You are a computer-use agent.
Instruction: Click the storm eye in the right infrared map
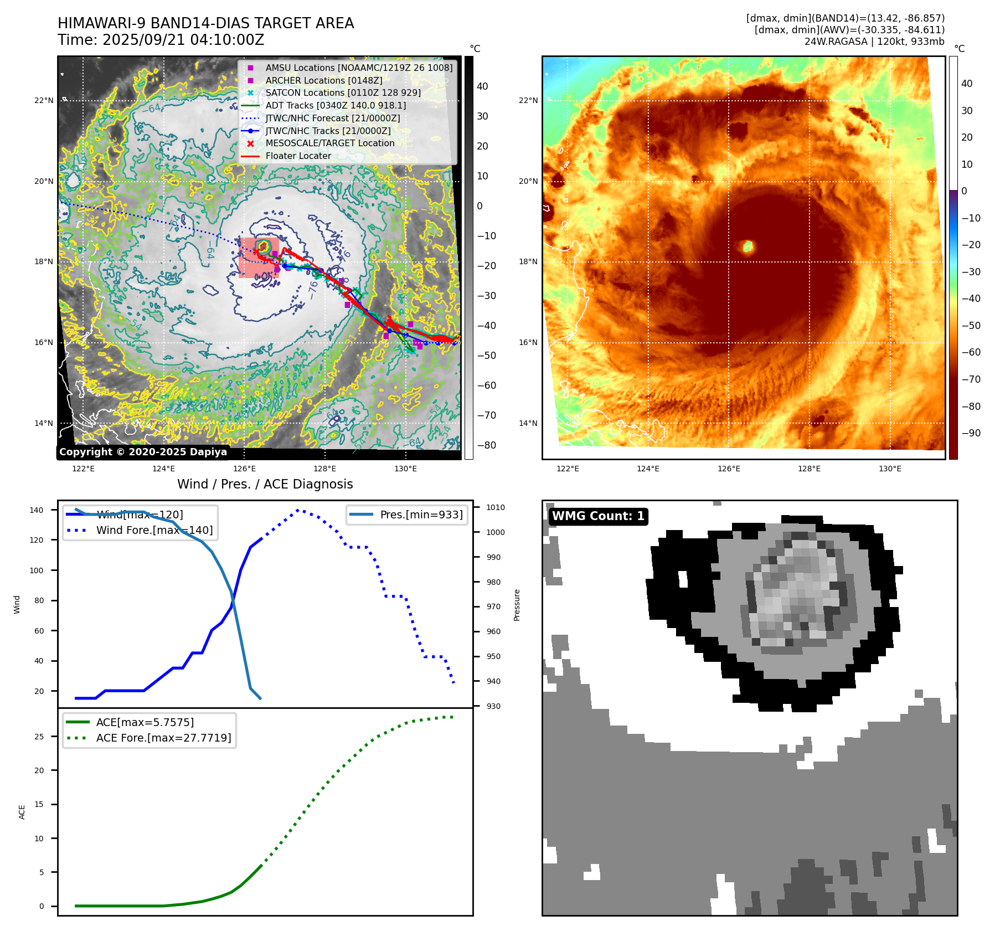tap(748, 246)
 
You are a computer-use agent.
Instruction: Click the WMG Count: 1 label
tap(598, 516)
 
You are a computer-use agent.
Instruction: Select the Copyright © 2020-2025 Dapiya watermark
tap(143, 452)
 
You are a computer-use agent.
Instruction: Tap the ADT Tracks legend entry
tap(336, 105)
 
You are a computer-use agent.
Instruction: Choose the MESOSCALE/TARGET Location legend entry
tap(330, 143)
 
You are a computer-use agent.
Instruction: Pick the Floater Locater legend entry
tap(298, 156)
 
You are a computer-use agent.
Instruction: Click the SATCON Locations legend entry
tap(343, 92)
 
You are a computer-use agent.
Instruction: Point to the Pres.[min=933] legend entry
tap(421, 515)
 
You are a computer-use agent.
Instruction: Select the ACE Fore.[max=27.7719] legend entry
tap(163, 738)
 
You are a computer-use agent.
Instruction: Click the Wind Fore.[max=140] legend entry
tap(154, 530)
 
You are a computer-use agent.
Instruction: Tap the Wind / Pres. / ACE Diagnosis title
tap(265, 484)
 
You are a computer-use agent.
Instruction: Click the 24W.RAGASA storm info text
tap(874, 42)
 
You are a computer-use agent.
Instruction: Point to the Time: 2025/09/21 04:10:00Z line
tap(161, 40)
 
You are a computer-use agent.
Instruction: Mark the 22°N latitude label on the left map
tap(44, 100)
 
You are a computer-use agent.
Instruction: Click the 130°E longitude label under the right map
tap(890, 469)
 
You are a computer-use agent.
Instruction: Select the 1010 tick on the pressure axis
tap(496, 507)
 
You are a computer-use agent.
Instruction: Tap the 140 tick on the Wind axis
tap(37, 510)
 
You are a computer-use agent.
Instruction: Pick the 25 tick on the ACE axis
tap(39, 737)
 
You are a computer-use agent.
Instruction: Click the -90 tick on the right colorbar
tap(971, 433)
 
